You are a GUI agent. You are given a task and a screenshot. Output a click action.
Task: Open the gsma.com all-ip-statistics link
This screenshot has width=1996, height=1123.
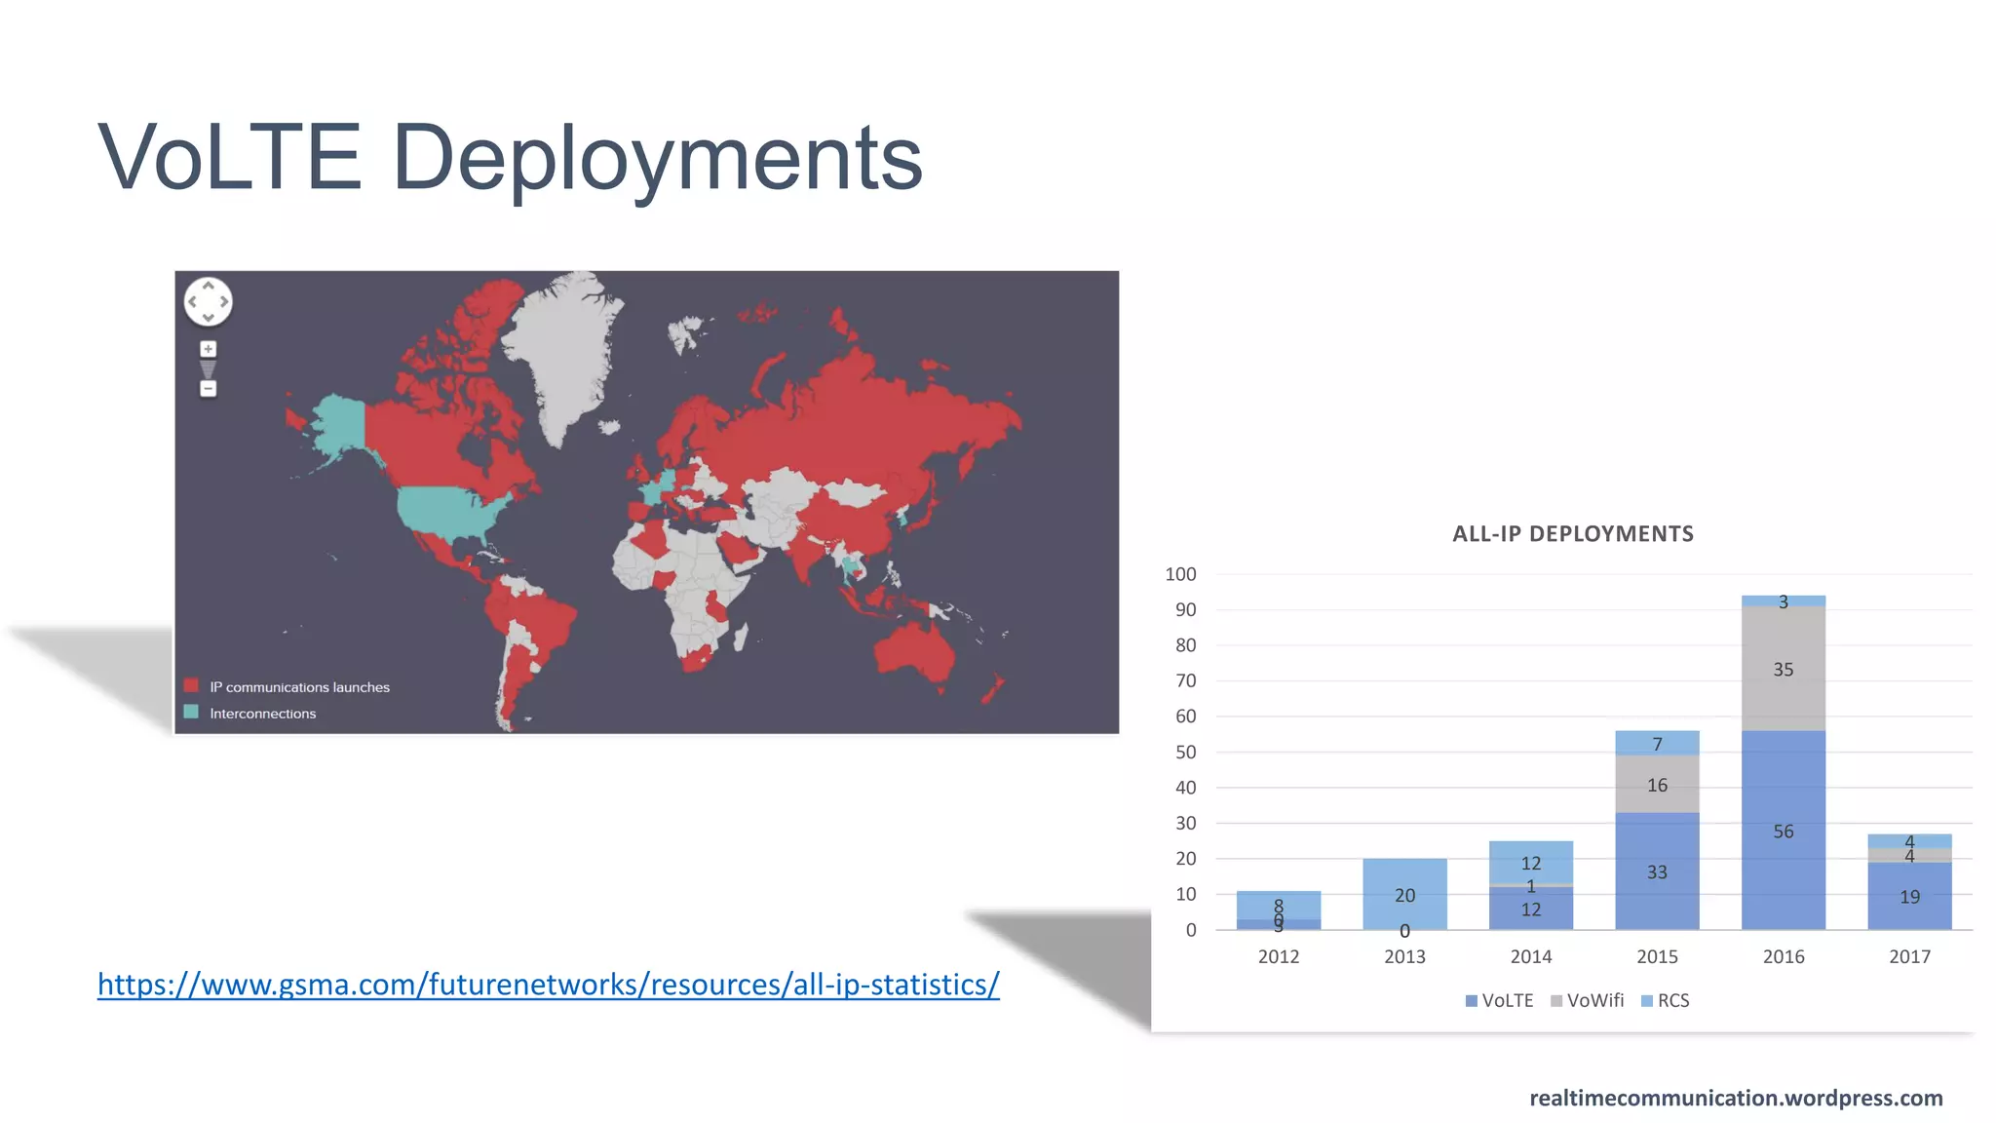tap(548, 985)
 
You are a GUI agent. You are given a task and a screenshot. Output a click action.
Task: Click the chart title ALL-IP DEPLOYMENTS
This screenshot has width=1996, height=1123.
tap(1572, 534)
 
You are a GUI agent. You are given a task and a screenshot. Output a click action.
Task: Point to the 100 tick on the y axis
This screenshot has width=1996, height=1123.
tap(1180, 574)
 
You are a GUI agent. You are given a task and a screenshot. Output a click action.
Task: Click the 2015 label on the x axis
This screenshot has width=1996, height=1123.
tap(1657, 957)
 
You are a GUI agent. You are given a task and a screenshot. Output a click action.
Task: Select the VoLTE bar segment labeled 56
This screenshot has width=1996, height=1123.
tap(1783, 831)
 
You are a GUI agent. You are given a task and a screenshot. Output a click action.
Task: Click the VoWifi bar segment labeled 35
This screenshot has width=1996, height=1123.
tap(1783, 669)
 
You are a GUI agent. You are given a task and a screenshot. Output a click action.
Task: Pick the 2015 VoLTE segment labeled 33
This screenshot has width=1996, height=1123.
tap(1657, 871)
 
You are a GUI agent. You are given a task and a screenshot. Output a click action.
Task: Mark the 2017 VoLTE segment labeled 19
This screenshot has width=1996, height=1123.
tap(1909, 897)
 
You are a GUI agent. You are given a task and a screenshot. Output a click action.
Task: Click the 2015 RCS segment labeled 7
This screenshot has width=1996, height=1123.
tap(1657, 743)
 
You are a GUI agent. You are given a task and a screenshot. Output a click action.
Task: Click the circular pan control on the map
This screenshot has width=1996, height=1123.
tap(208, 301)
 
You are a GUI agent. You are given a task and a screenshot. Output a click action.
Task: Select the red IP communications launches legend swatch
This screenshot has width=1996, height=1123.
tap(191, 685)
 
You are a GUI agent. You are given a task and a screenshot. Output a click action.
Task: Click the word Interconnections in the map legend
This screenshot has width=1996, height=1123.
tap(263, 714)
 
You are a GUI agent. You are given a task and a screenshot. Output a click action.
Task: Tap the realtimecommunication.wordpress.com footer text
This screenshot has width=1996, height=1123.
tap(1736, 1099)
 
